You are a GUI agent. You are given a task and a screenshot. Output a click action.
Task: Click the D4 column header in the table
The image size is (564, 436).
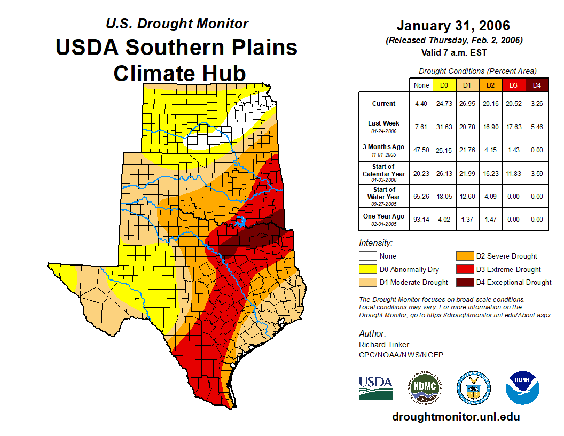(x=537, y=85)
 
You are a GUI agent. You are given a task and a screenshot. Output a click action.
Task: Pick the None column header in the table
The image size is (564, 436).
(x=421, y=85)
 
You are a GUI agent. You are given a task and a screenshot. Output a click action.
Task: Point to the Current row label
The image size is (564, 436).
(x=383, y=104)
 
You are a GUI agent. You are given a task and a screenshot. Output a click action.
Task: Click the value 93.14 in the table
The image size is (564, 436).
(x=421, y=219)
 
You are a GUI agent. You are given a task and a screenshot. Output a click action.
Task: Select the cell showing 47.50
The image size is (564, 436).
(x=421, y=150)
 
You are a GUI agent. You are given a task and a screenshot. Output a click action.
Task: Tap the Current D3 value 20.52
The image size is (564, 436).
(x=514, y=104)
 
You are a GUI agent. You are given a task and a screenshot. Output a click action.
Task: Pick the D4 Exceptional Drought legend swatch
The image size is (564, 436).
(x=463, y=283)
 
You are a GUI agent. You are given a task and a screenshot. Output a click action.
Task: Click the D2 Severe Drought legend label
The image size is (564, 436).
(x=506, y=256)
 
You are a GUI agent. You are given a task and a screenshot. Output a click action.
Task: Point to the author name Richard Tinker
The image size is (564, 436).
(x=384, y=345)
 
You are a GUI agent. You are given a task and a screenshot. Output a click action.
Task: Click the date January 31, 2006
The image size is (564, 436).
(x=453, y=26)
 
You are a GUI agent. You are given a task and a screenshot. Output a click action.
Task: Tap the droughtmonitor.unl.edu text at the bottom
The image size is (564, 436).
(x=456, y=417)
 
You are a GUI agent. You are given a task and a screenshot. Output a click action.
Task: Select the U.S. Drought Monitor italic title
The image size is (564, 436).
(x=177, y=24)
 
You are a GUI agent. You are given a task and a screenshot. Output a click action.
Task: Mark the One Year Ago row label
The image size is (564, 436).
(x=383, y=217)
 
